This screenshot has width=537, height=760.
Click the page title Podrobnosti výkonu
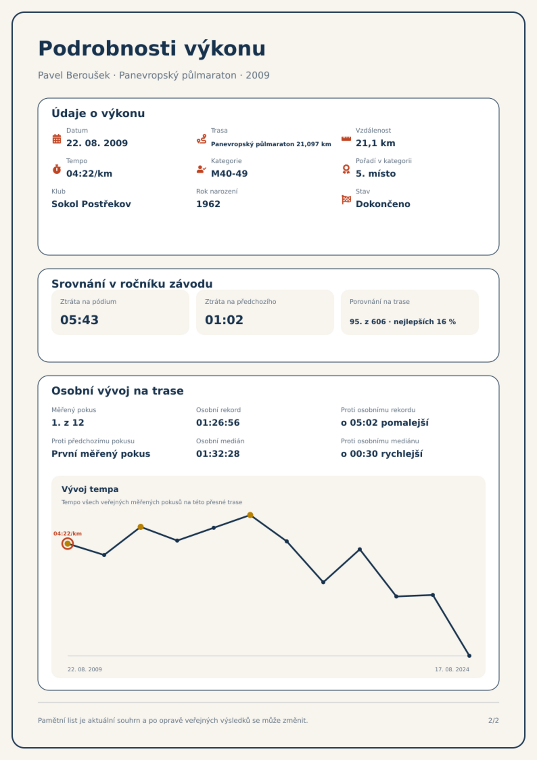(152, 48)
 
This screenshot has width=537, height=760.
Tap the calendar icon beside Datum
(57, 139)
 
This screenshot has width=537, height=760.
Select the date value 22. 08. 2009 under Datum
(97, 143)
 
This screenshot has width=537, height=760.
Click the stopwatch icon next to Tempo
(57, 169)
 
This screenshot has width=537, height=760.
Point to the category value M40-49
(229, 174)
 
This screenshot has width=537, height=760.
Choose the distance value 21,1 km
(375, 143)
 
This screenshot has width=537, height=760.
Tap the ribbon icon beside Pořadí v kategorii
(346, 169)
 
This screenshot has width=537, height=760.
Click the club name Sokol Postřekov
(91, 204)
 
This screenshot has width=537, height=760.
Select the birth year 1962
(208, 204)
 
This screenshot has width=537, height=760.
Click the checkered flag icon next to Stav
(346, 200)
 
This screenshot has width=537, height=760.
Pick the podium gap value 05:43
(79, 320)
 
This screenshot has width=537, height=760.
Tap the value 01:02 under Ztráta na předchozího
(224, 320)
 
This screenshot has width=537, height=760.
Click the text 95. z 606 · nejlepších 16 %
(403, 321)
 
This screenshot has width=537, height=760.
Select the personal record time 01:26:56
(218, 423)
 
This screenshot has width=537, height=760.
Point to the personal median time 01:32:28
(218, 454)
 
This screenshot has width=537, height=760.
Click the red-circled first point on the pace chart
(68, 543)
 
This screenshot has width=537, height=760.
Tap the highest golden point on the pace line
(250, 515)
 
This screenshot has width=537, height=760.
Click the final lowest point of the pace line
(469, 656)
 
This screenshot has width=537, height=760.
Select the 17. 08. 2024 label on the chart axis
(452, 669)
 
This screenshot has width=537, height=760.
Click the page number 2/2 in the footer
(493, 720)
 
